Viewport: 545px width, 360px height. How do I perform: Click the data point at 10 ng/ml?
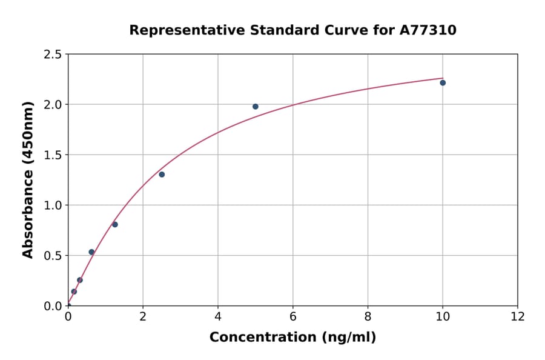443,82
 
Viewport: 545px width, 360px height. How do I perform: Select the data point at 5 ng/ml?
256,107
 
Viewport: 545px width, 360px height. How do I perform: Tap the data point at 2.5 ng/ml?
162,175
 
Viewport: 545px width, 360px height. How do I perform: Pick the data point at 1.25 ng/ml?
115,225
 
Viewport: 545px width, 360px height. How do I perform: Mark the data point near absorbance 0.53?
91,252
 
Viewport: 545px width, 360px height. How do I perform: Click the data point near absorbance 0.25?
80,280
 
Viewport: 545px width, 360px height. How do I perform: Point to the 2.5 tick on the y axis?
53,55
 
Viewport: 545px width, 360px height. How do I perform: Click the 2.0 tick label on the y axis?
53,105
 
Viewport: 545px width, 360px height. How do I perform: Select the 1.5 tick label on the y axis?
53,155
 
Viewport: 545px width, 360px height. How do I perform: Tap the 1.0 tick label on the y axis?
53,205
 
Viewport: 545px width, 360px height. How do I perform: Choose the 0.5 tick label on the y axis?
53,256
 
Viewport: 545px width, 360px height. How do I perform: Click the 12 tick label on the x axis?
517,316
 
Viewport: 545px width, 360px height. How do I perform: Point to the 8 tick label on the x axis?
368,316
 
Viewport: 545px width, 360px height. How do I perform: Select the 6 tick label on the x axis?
292,316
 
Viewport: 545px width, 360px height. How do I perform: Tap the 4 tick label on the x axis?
218,316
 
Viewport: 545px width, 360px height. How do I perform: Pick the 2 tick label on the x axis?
143,316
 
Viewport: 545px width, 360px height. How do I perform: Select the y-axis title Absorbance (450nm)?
28,179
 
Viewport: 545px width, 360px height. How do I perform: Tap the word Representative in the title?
176,30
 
